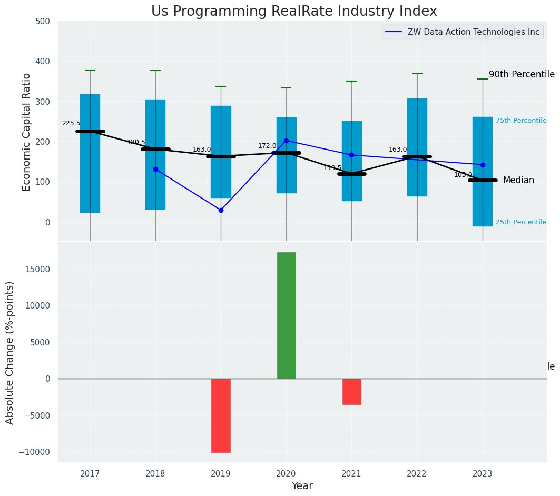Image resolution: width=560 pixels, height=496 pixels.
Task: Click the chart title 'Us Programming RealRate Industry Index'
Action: pos(294,12)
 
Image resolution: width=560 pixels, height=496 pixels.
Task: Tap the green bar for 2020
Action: pos(286,315)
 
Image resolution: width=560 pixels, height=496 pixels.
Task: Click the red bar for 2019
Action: pos(221,415)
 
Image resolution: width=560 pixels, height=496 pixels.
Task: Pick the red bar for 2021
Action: pos(351,391)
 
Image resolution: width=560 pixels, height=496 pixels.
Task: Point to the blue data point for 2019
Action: pos(221,210)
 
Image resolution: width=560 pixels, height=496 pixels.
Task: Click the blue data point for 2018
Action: pos(155,169)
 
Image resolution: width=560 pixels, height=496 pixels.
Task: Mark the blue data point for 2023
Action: pos(483,165)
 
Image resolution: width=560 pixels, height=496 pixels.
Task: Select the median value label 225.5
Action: pos(71,123)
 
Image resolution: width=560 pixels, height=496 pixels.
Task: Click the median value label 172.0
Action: pos(267,146)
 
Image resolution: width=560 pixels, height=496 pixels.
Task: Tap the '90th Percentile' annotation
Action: pos(522,74)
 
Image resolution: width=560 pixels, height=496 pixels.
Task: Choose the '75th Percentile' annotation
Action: pos(520,121)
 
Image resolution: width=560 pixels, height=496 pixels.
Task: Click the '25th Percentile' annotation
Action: pos(520,222)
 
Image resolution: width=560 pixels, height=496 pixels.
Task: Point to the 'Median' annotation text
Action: pos(518,180)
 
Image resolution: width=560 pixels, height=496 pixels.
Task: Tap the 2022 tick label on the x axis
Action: pos(417,473)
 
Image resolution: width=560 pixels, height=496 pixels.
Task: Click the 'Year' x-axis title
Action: pos(302,486)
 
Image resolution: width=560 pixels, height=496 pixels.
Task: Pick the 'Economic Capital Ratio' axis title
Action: pos(27,132)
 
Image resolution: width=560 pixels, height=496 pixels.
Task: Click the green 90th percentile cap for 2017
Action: pos(90,70)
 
